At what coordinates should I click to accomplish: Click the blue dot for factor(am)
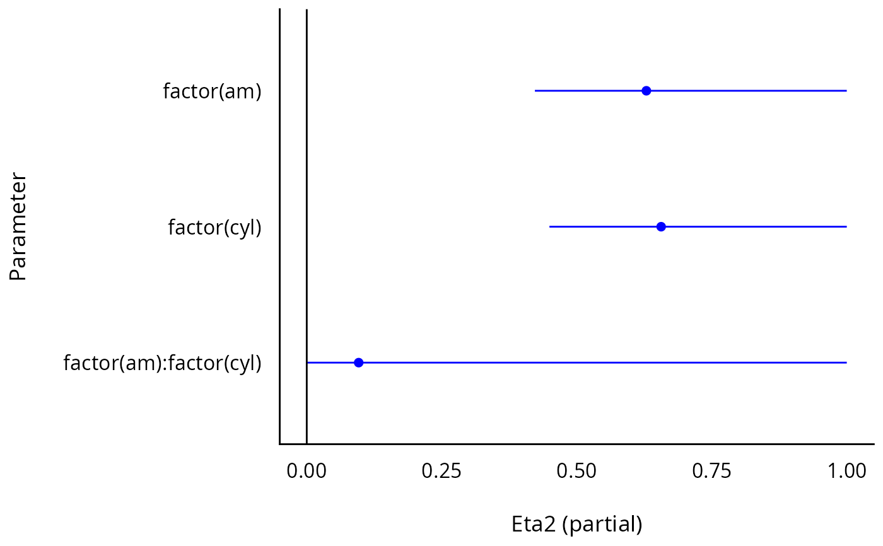coord(646,91)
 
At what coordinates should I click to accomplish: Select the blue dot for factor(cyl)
coord(661,227)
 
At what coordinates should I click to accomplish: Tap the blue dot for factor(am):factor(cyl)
coord(358,363)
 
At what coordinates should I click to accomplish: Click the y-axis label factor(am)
coord(212,92)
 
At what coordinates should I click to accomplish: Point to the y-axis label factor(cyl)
coord(214,228)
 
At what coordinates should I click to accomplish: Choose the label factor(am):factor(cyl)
coord(162,364)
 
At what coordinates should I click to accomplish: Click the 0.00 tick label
coord(307,470)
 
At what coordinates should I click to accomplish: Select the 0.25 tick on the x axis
coord(441,470)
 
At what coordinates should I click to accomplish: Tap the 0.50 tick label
coord(576,470)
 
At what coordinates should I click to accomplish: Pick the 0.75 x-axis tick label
coord(711,470)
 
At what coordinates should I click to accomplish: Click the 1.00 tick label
coord(846,470)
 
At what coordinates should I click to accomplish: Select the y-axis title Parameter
coord(18,227)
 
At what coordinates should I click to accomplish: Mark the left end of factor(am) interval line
coord(535,91)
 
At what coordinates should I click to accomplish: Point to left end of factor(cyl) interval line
coord(550,227)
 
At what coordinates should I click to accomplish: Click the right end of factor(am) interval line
coord(846,91)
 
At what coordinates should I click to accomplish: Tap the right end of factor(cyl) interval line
coord(846,227)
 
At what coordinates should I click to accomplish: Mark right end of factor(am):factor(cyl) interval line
coord(846,363)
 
